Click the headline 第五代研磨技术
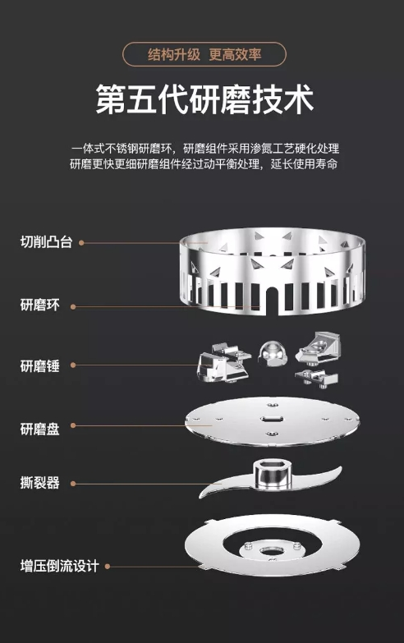pyautogui.click(x=204, y=99)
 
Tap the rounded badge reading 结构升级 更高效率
pyautogui.click(x=204, y=54)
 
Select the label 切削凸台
pyautogui.click(x=46, y=242)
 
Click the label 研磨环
pyautogui.click(x=39, y=305)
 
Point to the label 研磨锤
pyautogui.click(x=39, y=365)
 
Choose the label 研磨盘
pyautogui.click(x=39, y=429)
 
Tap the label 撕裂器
pyautogui.click(x=39, y=483)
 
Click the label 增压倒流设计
pyautogui.click(x=59, y=566)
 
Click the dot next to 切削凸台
pyautogui.click(x=81, y=243)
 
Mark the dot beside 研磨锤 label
pyautogui.click(x=73, y=365)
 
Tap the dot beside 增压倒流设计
pyautogui.click(x=108, y=567)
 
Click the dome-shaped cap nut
pyautogui.click(x=273, y=351)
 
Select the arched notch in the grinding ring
pyautogui.click(x=272, y=301)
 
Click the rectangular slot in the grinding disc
pyautogui.click(x=272, y=419)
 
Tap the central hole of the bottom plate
pyautogui.click(x=269, y=550)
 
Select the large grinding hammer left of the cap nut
pyautogui.click(x=223, y=363)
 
